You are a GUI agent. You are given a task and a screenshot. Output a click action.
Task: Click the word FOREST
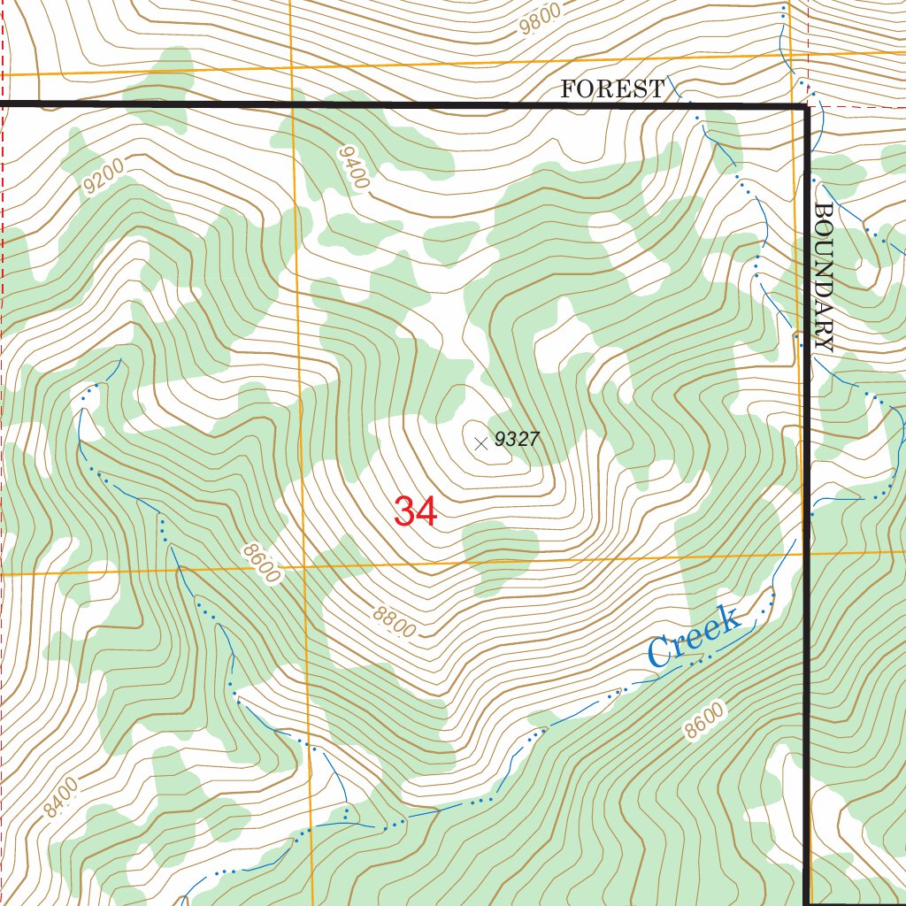pos(612,88)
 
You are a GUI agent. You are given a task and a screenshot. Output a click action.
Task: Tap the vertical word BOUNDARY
pos(824,278)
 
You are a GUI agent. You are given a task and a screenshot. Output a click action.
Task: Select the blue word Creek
pos(694,637)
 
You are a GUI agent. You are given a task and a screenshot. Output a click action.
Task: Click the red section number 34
pos(415,511)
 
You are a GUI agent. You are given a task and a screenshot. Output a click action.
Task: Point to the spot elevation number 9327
pos(517,439)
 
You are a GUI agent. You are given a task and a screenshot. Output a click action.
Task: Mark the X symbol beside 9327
pos(480,443)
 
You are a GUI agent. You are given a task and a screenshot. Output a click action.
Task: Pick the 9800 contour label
pos(541,19)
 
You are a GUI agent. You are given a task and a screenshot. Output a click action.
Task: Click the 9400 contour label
pos(353,166)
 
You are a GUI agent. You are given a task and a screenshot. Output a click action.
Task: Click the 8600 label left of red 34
pos(260,564)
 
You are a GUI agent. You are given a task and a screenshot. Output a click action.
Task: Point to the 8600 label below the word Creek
pos(705,720)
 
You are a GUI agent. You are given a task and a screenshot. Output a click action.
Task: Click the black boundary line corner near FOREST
pos(805,107)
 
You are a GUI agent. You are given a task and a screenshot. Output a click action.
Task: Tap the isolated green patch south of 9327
pos(501,553)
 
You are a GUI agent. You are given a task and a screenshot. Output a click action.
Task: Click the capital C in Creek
pos(661,653)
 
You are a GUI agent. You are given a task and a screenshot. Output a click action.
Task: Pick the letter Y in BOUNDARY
pos(824,342)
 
